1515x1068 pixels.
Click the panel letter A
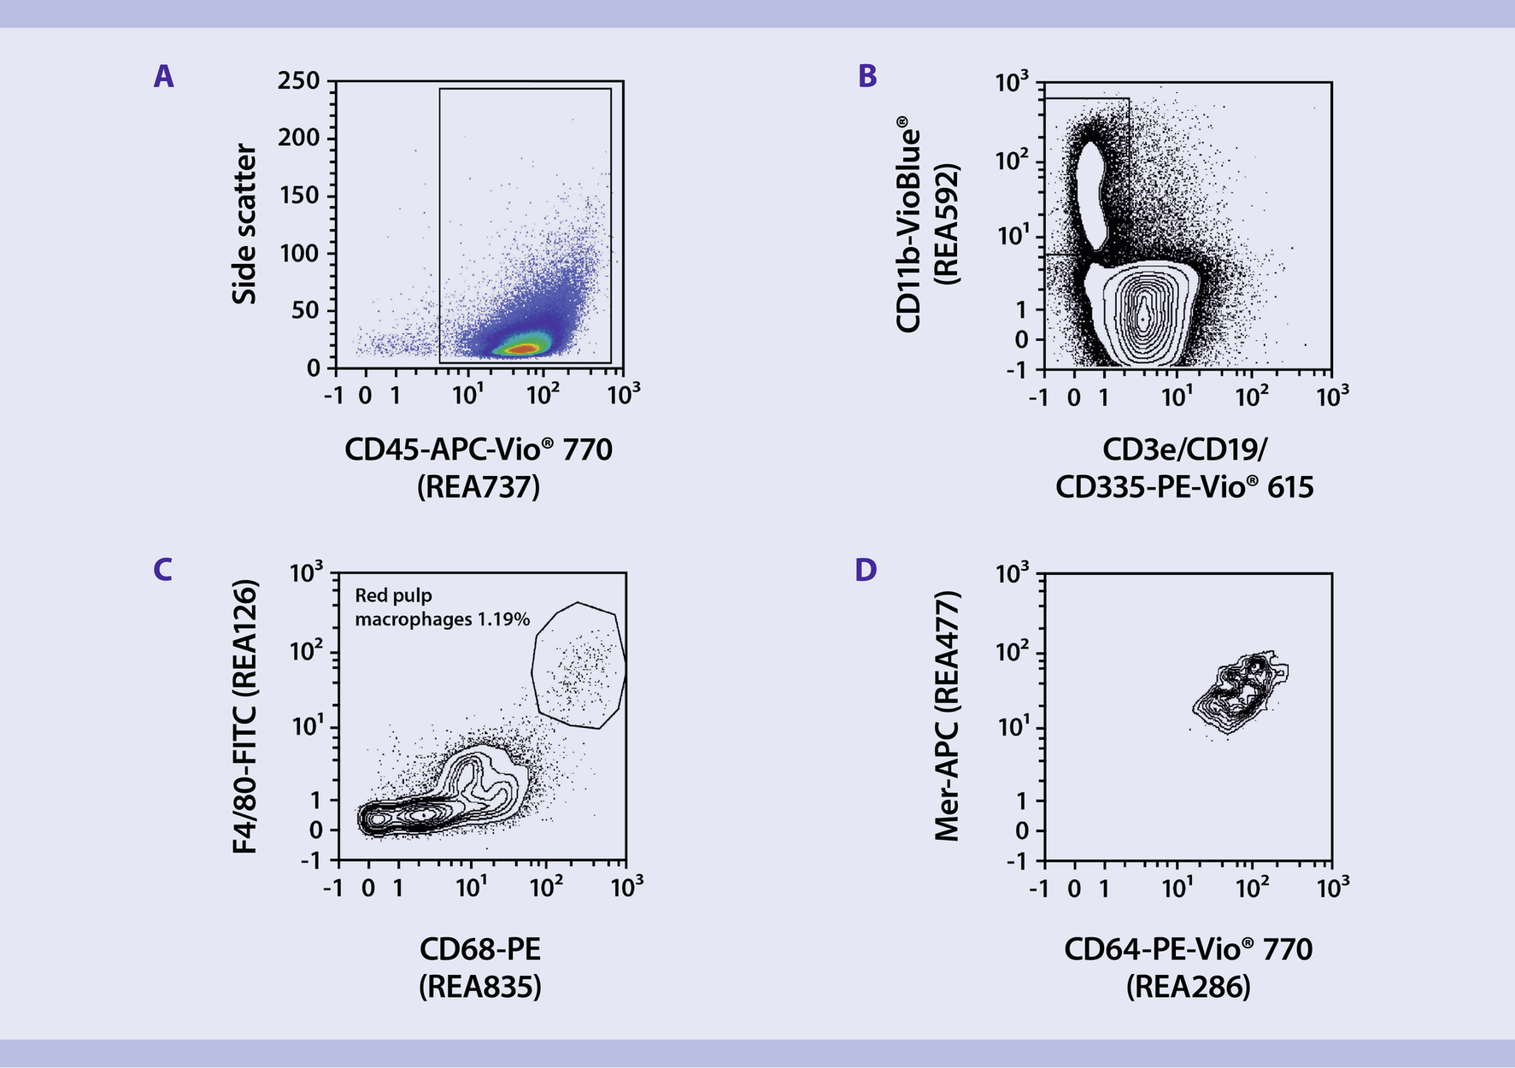(163, 77)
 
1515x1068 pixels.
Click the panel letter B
(866, 77)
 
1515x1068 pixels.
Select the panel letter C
(162, 569)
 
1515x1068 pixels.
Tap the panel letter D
(866, 569)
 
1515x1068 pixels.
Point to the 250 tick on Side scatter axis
(298, 81)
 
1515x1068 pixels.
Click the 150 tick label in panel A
(298, 196)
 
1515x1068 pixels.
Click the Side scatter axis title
(244, 224)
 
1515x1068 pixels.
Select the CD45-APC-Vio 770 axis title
(479, 449)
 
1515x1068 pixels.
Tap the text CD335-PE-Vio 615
(1184, 487)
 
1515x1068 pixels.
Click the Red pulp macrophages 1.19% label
(442, 607)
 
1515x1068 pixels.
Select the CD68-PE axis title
(479, 949)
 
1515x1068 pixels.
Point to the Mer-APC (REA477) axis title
(947, 716)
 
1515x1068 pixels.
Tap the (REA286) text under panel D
(1188, 987)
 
